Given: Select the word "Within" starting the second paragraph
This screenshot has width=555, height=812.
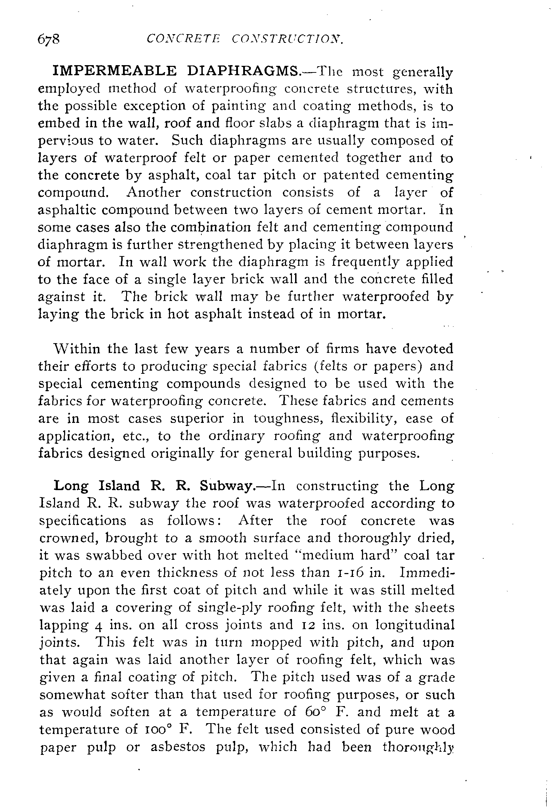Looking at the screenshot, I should (77, 349).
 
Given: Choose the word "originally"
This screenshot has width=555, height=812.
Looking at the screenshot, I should (181, 453).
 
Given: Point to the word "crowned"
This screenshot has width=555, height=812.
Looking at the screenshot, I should (69, 539).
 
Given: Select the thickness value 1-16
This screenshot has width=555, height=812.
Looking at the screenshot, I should (352, 573).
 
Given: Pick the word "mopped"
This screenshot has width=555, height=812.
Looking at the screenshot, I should (276, 642).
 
